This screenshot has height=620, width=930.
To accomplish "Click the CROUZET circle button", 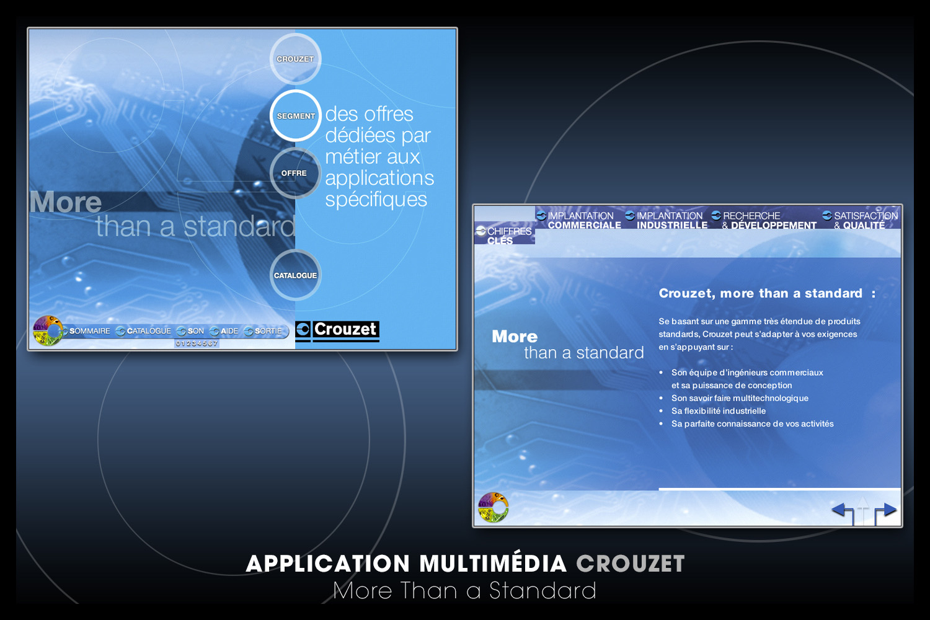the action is click(295, 59).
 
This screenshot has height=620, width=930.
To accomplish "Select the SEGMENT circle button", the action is click(295, 116).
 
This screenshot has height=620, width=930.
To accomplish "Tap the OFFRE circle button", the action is click(295, 173).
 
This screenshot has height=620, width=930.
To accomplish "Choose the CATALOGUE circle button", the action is click(295, 275).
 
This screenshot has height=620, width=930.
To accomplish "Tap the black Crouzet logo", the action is click(337, 331).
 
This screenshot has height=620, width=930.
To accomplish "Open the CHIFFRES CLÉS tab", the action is click(505, 235).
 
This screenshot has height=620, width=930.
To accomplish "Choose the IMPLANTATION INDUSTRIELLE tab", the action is click(666, 220).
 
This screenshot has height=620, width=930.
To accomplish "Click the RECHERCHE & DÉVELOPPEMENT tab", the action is click(764, 220).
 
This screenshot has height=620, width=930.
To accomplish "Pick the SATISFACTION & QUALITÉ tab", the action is click(860, 220).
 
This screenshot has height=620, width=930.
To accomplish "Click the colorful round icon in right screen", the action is click(494, 507).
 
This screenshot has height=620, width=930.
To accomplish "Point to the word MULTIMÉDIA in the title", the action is click(493, 564).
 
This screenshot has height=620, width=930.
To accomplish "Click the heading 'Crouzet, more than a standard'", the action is click(761, 293).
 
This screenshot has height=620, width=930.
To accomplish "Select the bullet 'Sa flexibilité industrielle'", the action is click(719, 410).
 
